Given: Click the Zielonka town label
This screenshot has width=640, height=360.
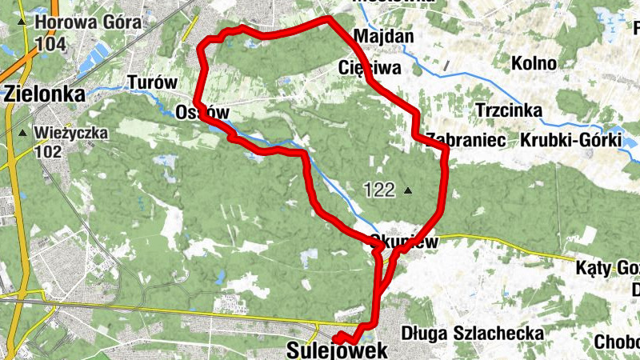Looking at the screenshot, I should click(44, 94).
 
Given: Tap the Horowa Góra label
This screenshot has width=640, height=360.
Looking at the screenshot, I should click(88, 23).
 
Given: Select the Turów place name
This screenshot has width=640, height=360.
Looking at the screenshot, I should click(151, 82).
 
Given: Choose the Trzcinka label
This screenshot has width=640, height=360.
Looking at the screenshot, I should click(509, 110).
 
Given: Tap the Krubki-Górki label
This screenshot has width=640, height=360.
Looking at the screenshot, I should click(570, 140).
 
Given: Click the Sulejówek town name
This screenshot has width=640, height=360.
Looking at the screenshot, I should click(337, 350).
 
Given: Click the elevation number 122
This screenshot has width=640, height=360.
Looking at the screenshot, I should click(379, 190).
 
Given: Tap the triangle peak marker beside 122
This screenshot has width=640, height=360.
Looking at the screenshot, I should click(408, 190).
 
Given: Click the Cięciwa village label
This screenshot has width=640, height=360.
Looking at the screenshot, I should click(369, 68).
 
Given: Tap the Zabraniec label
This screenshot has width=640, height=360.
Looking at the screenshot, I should click(466, 140).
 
